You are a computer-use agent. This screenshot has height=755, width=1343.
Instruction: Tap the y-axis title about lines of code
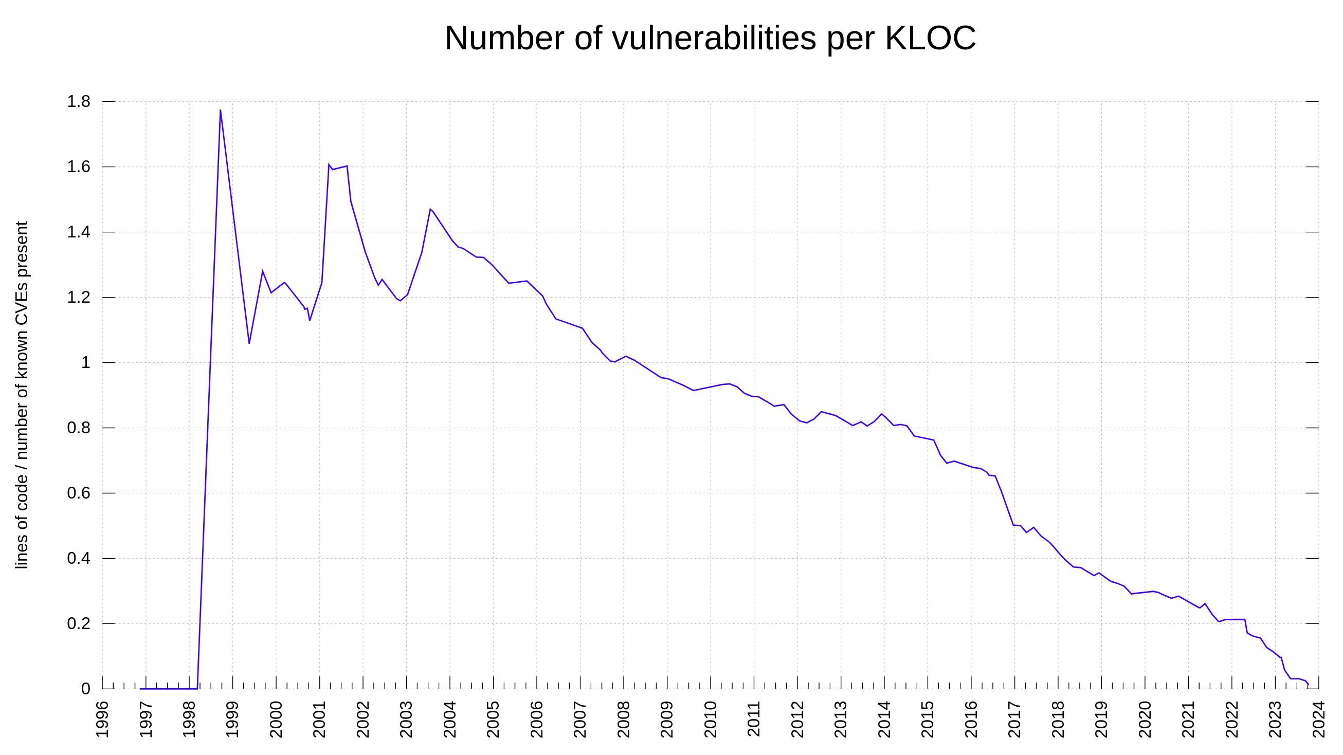point(22,395)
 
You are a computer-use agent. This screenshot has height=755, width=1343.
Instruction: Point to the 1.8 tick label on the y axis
point(78,102)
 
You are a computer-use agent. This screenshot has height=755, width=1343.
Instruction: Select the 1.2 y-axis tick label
point(78,298)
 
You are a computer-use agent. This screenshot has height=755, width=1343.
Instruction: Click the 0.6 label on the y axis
point(78,493)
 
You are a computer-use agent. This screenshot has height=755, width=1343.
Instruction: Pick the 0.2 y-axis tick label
point(78,624)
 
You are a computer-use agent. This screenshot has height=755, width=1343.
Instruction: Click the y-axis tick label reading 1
point(85,363)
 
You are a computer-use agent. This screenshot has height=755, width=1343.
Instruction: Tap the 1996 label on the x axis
point(103,719)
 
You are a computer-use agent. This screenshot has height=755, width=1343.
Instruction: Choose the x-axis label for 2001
point(320,719)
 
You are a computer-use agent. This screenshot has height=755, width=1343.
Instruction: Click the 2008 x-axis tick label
point(624,719)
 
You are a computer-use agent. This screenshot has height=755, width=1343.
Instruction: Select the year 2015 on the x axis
point(928,719)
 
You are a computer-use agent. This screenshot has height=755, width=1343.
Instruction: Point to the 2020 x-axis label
point(1145,719)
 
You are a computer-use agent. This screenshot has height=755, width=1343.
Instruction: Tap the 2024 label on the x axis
point(1318,719)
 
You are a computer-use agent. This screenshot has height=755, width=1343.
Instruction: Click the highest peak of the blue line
point(221,111)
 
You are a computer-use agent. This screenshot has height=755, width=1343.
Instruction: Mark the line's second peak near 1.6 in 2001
point(329,164)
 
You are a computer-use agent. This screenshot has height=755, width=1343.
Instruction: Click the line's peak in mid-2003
point(430,210)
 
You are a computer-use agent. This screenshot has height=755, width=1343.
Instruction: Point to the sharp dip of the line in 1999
point(249,343)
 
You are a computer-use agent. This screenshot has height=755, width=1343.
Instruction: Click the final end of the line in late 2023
point(1308,684)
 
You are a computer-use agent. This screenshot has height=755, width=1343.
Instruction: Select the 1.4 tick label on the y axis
point(78,232)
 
